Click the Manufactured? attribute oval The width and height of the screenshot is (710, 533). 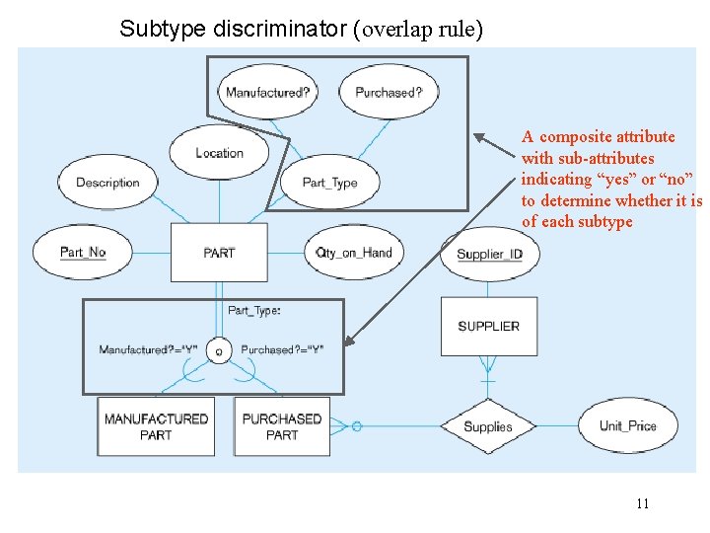tap(267, 93)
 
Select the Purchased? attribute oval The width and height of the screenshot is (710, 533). tap(389, 93)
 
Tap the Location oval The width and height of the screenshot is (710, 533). tap(219, 153)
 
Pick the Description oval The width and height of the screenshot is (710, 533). tap(107, 183)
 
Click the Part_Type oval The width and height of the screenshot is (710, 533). tap(329, 183)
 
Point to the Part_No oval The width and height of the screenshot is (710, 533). tap(83, 253)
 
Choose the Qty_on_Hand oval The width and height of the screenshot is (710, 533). tap(354, 253)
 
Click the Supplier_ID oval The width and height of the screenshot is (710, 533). tap(489, 255)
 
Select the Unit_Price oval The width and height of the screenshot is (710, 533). tap(627, 426)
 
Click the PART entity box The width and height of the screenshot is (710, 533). tap(219, 253)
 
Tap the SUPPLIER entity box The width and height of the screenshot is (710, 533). tap(488, 327)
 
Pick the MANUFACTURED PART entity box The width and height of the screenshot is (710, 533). tap(156, 426)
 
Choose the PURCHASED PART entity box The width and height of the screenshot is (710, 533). tap(282, 426)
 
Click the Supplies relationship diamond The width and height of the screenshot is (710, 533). tap(488, 426)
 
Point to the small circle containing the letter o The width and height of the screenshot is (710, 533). tap(219, 350)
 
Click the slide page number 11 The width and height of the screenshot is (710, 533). tap(642, 504)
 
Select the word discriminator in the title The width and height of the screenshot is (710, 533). tap(285, 29)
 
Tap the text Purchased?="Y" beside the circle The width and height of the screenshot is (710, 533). tap(282, 349)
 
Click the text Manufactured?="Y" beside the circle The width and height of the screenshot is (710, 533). tap(148, 349)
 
